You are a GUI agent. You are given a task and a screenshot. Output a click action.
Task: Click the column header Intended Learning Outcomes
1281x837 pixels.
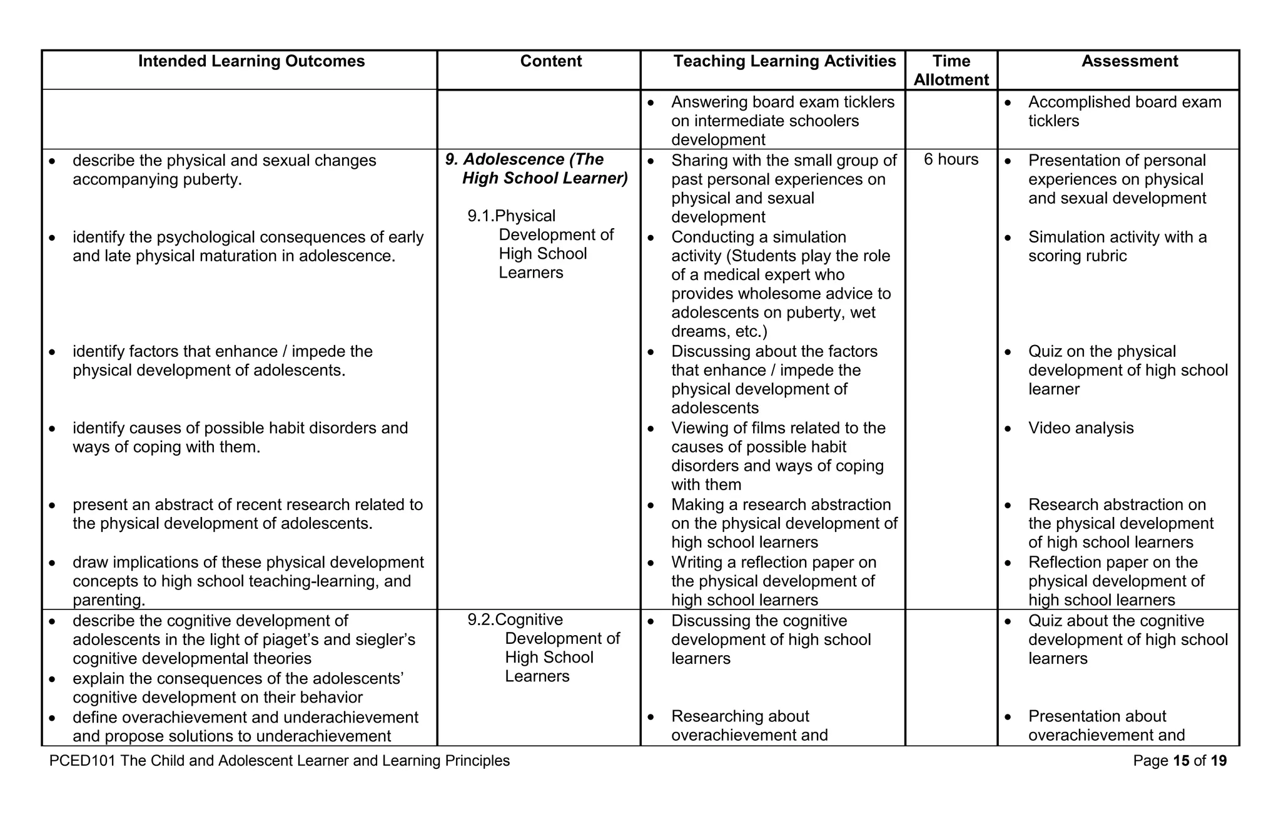(x=251, y=61)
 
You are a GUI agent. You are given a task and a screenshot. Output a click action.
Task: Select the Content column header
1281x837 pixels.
(x=550, y=61)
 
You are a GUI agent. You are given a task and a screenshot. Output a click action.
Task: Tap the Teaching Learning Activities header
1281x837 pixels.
(x=784, y=61)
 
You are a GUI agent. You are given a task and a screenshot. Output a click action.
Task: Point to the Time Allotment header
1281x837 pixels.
(x=951, y=70)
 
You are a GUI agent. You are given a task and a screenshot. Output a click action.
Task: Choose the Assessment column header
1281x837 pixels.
(x=1129, y=61)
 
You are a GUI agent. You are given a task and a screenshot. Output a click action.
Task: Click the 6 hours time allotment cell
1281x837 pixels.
(x=951, y=159)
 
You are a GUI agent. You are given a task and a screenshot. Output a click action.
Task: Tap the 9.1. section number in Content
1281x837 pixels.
(x=480, y=216)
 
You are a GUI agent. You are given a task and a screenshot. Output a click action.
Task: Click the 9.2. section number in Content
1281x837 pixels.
(x=480, y=620)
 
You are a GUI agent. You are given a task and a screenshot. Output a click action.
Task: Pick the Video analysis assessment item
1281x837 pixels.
(x=1080, y=428)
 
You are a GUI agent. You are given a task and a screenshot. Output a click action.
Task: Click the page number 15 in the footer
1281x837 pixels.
(x=1181, y=761)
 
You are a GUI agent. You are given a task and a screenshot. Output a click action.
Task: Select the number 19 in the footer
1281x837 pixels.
(x=1218, y=761)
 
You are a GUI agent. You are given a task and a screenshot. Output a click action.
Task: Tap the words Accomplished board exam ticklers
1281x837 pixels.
(x=1124, y=111)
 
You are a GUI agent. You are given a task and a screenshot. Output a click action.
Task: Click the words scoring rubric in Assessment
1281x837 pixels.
(x=1077, y=256)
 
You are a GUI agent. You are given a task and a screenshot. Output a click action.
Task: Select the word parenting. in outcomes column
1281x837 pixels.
(x=108, y=600)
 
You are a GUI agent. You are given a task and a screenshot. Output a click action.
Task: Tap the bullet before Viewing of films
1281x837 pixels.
(x=651, y=429)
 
